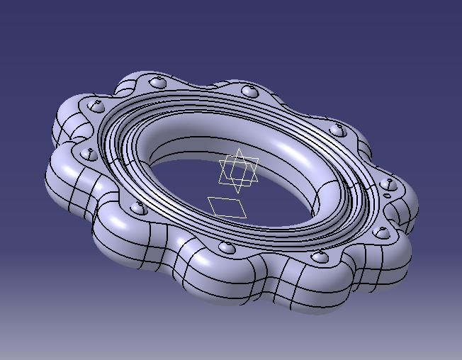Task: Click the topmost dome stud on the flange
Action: (x=159, y=83)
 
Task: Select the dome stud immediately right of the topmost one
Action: (x=249, y=91)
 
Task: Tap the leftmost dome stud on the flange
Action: (x=89, y=152)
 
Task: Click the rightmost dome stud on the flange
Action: (x=387, y=184)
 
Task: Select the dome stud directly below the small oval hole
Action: (x=381, y=232)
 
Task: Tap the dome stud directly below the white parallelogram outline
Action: (x=227, y=247)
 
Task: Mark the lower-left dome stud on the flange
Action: (x=139, y=208)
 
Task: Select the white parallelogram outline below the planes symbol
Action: (x=227, y=207)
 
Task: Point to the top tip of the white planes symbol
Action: (x=240, y=149)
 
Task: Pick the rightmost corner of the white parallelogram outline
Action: (x=247, y=213)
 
